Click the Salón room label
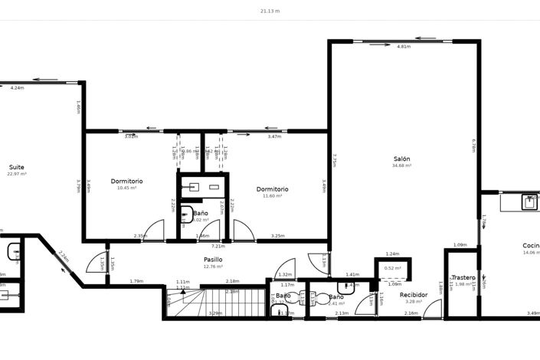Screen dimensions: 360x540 click(x=402, y=159)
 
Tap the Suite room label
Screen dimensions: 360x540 click(x=17, y=167)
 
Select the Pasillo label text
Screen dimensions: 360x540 click(x=213, y=260)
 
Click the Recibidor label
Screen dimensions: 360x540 click(x=414, y=294)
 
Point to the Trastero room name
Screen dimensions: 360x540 click(x=463, y=277)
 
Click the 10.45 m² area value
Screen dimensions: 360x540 click(x=126, y=188)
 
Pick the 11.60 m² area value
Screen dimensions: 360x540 click(x=272, y=196)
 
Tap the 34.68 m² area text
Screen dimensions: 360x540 click(x=402, y=165)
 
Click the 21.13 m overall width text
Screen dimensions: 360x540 click(x=270, y=11)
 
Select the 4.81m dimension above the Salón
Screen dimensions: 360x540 click(x=404, y=47)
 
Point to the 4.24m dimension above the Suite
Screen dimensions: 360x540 click(x=17, y=88)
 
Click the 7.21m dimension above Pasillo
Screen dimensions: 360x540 click(x=218, y=247)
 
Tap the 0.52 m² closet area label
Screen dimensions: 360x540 click(x=393, y=268)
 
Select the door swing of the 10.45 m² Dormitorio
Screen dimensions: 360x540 click(x=154, y=231)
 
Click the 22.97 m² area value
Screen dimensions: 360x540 click(x=17, y=174)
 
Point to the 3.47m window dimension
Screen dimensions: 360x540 click(x=273, y=136)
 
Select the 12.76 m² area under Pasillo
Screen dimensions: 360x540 click(x=213, y=267)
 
